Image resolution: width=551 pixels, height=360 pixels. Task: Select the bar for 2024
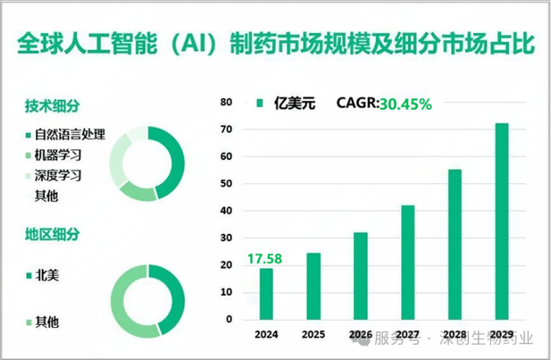coord(267,295)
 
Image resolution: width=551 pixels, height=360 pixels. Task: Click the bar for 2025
coord(313,287)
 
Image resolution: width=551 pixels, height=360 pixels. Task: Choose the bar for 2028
coord(455,245)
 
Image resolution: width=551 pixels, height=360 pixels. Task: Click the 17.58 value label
coord(265,260)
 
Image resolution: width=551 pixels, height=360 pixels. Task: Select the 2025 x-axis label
coord(313,335)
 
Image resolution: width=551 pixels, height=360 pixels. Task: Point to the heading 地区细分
coord(52,233)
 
